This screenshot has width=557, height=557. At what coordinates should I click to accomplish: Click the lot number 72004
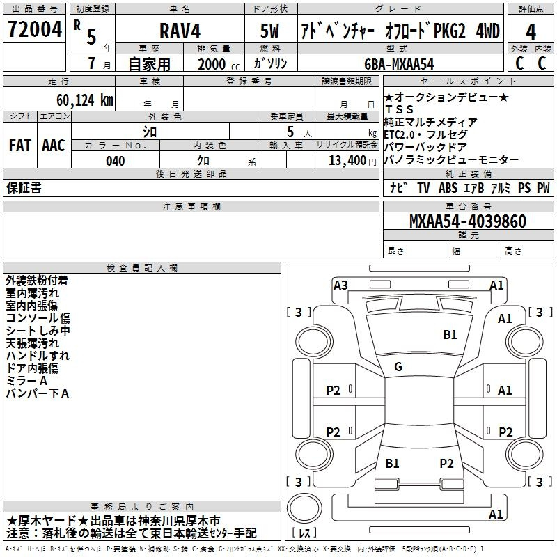point(35,32)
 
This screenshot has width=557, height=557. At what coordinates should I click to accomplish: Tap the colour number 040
point(115,161)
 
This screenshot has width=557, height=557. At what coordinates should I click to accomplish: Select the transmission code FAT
point(19,146)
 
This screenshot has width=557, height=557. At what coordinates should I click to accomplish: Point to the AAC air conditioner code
point(54,146)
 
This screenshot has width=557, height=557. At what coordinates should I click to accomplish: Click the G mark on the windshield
point(398,367)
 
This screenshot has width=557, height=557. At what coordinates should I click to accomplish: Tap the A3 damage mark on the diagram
point(340,285)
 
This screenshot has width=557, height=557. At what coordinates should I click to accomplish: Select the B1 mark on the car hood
point(450,335)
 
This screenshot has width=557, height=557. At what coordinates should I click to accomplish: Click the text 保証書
point(24,187)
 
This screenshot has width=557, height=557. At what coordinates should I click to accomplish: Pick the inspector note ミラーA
point(26,381)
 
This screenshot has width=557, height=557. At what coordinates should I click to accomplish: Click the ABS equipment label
point(448,187)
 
